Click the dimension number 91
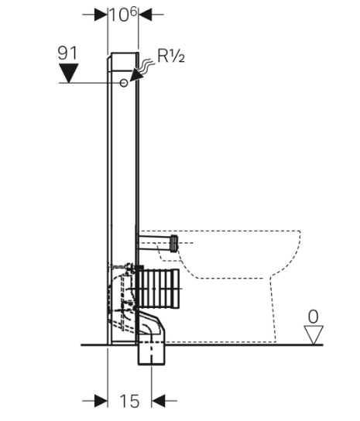point(67,53)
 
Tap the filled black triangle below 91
point(69,73)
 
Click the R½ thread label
point(171,56)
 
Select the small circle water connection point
point(124,83)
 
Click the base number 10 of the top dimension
point(118,15)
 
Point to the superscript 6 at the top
point(133,12)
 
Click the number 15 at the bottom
point(129,401)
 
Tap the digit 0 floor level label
point(313,317)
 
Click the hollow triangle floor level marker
point(314,334)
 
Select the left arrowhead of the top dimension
point(101,14)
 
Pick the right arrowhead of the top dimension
point(145,14)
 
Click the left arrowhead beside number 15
point(101,401)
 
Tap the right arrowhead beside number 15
point(158,401)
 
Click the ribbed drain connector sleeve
point(158,289)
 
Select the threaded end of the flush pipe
point(174,243)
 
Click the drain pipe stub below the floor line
point(151,354)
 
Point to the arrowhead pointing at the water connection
point(136,74)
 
